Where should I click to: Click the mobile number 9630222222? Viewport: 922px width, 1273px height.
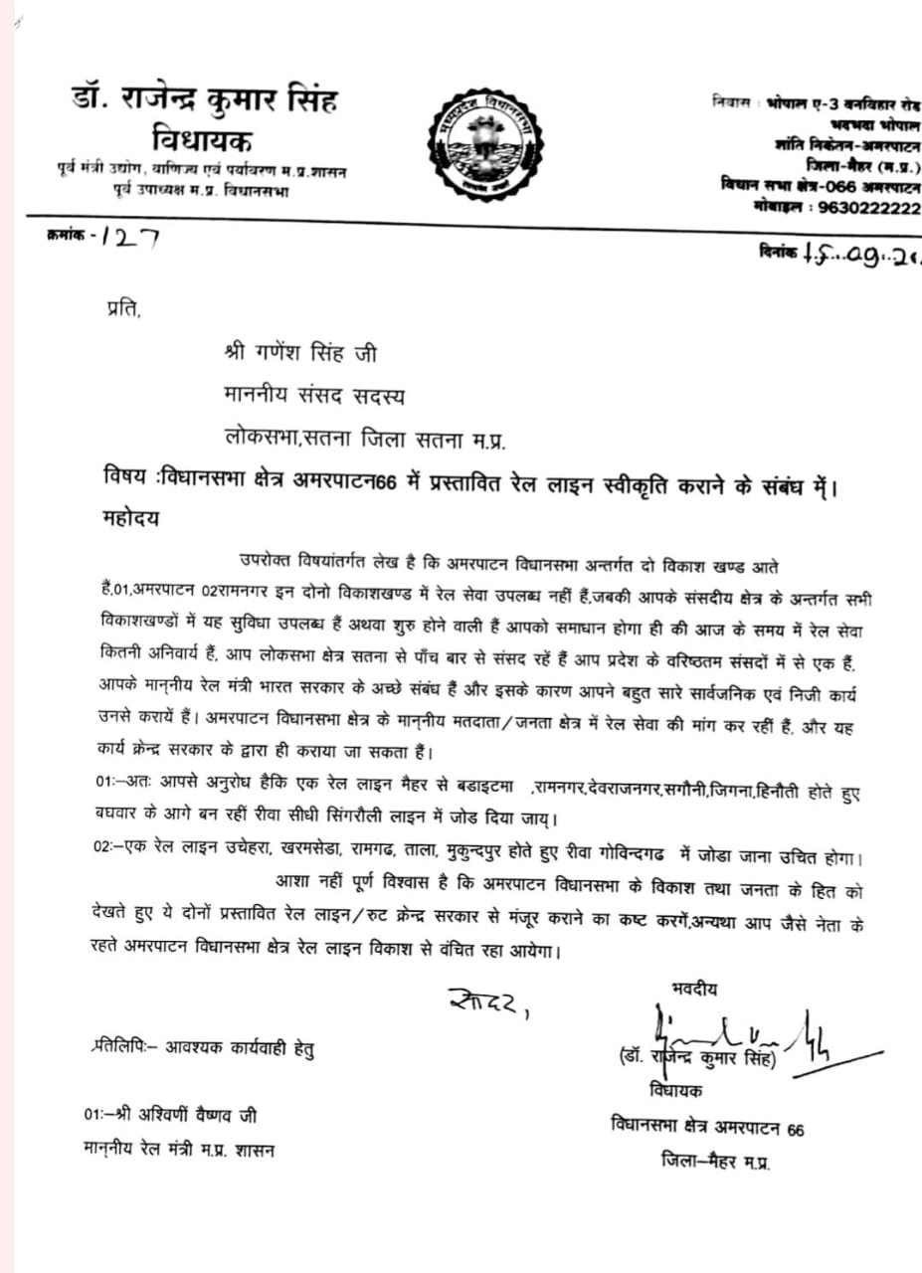coord(868,207)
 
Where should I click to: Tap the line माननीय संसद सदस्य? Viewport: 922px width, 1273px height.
coord(314,395)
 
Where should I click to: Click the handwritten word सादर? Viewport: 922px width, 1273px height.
coord(486,1005)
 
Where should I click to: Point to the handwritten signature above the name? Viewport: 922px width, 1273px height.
coord(736,1035)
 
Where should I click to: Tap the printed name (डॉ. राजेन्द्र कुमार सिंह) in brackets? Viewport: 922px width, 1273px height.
coord(695,1061)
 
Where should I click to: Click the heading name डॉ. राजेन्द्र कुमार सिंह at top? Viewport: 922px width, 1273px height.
coord(205,100)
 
